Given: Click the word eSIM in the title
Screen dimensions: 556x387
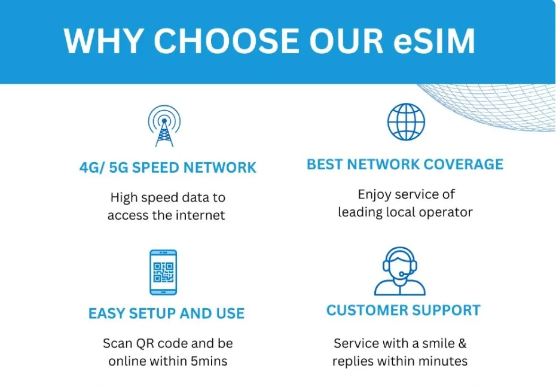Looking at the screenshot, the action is pos(434,41).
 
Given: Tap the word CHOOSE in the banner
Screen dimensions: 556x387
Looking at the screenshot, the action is pos(226,41).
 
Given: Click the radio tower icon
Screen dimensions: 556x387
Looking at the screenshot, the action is pos(164,126).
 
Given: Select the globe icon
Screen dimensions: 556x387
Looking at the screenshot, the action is pos(406,121).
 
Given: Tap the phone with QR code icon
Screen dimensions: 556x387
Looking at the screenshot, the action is pos(163,272).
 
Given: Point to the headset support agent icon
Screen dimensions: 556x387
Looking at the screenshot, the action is pos(400,271).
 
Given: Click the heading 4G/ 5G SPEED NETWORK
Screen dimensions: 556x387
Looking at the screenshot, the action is pos(168,167).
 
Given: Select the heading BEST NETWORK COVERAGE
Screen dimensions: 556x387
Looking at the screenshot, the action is pos(405,164).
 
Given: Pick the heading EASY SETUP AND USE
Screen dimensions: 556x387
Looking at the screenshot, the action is pos(166,313).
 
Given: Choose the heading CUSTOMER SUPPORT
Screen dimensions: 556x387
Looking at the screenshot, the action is pos(404,310).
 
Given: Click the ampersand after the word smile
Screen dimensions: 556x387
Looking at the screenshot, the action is pos(462,343).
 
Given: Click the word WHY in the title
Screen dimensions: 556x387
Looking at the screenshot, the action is pos(103,41).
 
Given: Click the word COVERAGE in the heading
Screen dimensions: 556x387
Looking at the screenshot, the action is pos(463,164).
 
